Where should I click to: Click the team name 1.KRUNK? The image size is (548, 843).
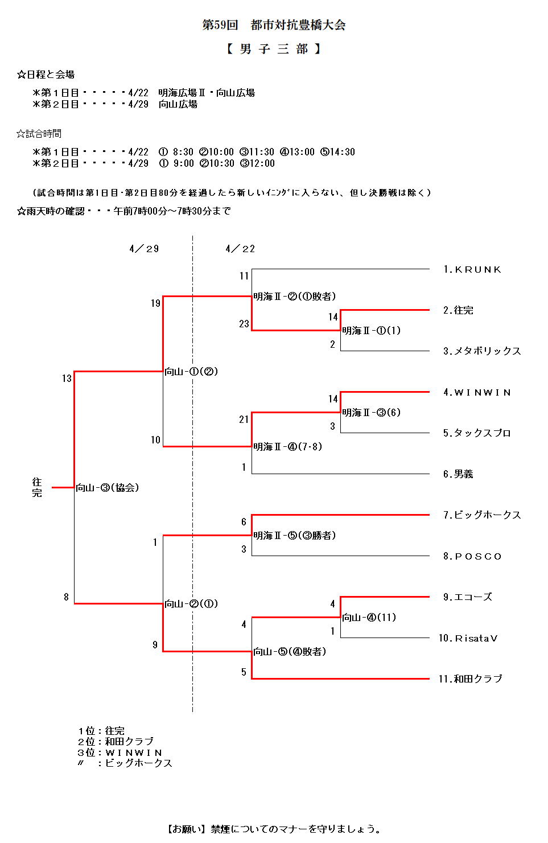(x=472, y=269)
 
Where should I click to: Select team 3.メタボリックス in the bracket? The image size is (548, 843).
(x=482, y=351)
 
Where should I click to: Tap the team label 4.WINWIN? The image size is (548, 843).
(x=477, y=392)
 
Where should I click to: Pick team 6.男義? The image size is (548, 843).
(x=458, y=474)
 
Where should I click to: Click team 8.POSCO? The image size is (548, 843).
(x=472, y=556)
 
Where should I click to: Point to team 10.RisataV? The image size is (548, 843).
(x=468, y=638)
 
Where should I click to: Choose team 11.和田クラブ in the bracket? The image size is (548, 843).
(x=470, y=678)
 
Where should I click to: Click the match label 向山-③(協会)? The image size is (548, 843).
(x=108, y=488)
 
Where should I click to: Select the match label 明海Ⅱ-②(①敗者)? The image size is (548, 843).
(x=295, y=297)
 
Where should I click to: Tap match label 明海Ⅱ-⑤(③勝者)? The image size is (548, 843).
(x=295, y=536)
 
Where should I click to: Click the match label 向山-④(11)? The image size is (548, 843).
(x=369, y=618)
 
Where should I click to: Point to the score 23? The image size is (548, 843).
(x=244, y=324)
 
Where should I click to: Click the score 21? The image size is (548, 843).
(x=244, y=420)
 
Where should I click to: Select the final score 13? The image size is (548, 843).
(x=67, y=379)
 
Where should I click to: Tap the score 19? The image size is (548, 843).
(x=155, y=303)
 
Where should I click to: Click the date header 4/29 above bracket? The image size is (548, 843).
(x=144, y=249)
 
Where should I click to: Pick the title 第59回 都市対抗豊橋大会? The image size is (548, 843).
(x=274, y=25)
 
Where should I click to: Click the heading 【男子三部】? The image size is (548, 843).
(x=274, y=49)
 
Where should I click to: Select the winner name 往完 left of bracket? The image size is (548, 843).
(x=37, y=488)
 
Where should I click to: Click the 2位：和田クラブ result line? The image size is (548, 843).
(x=116, y=742)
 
